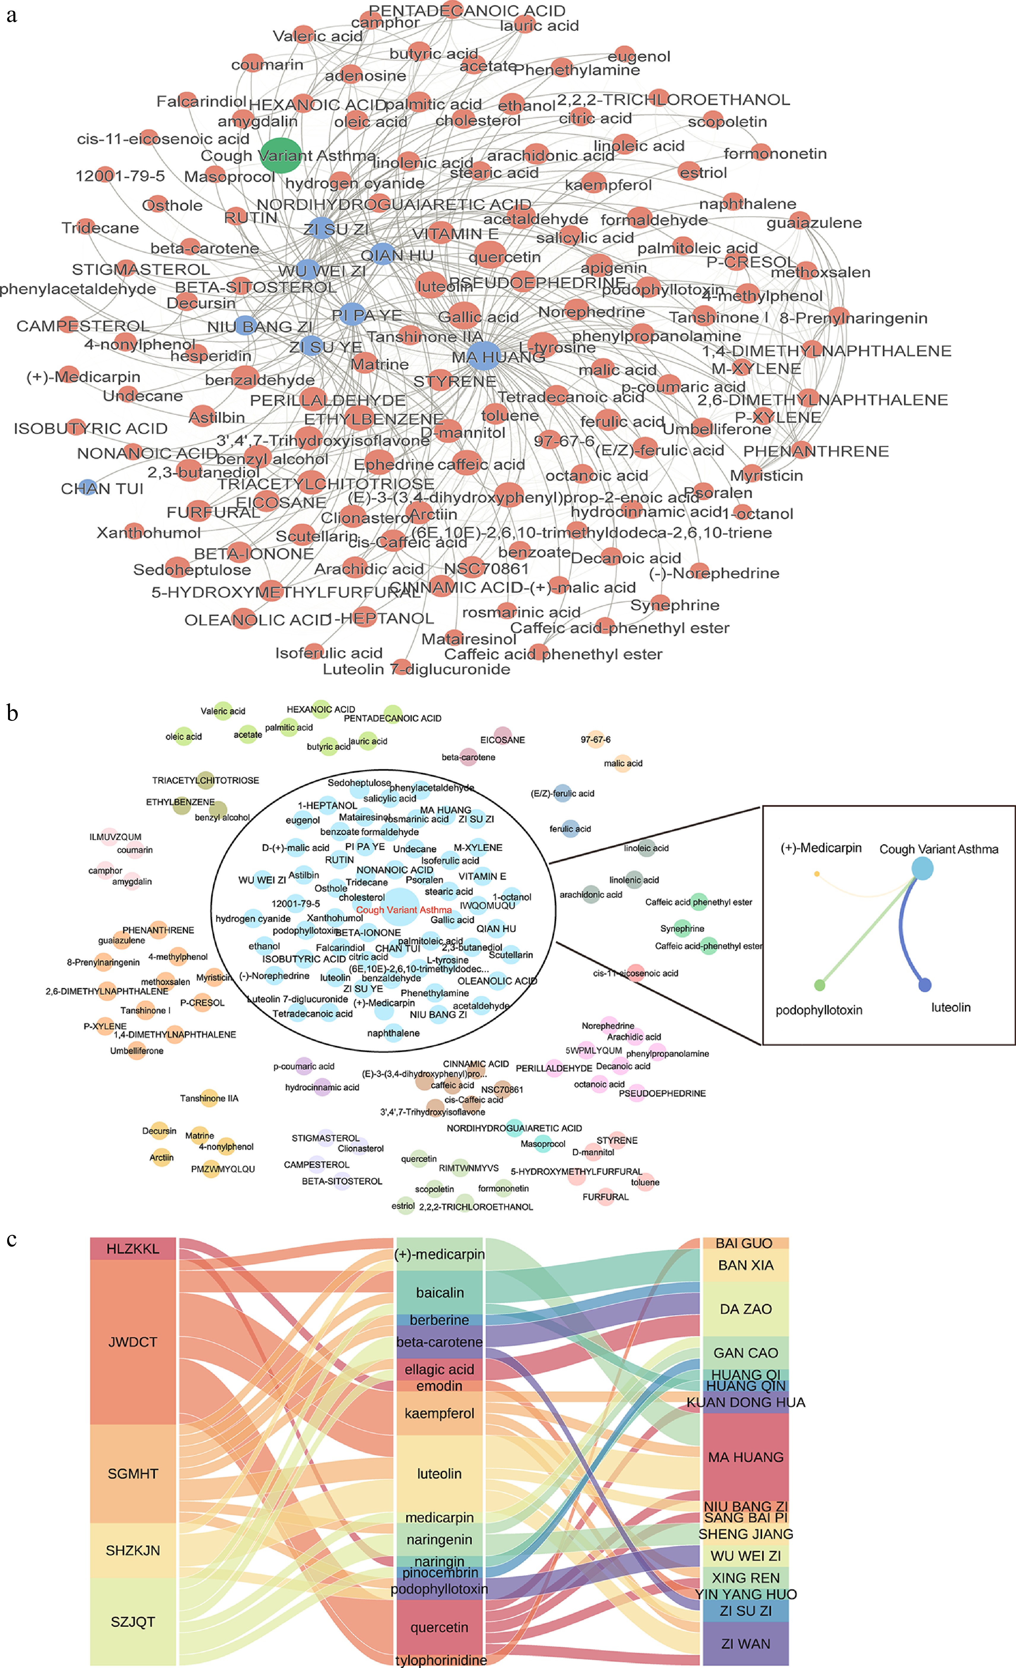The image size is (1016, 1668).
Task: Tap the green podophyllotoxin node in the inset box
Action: coord(820,985)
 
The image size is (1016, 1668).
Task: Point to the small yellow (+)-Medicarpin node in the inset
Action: coord(817,874)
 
